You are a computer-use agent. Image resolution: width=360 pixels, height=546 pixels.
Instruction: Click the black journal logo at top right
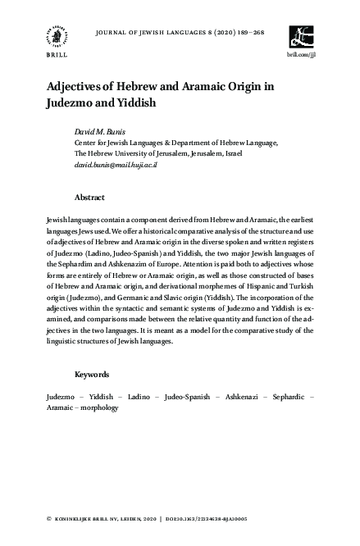click(301, 37)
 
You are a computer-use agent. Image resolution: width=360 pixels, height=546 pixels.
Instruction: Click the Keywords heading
click(92, 374)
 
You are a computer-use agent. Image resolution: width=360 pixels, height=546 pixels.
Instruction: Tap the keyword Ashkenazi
click(244, 396)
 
